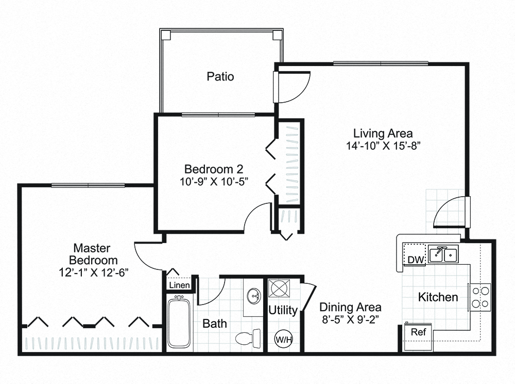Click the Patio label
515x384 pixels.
coord(220,77)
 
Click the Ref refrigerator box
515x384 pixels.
coord(418,331)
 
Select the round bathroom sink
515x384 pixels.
coord(253,296)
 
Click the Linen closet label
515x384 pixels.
coord(179,285)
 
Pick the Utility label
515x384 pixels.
coord(283,310)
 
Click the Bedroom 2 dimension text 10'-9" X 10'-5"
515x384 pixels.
coord(214,181)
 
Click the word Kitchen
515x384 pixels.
coord(437,297)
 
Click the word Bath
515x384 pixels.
coord(214,324)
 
